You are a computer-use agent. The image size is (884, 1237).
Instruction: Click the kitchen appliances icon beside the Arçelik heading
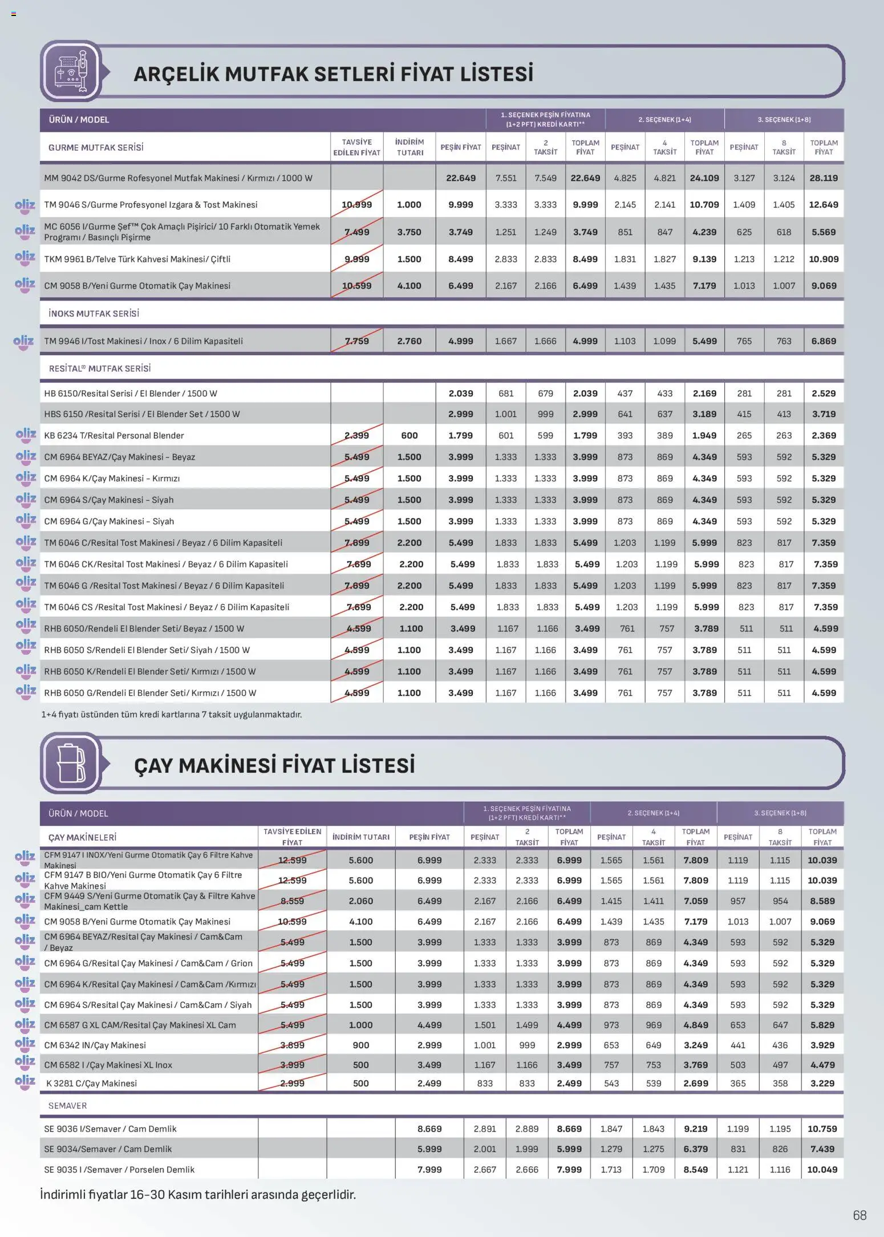pos(71,72)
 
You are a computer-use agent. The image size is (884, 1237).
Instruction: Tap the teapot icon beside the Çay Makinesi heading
pos(71,763)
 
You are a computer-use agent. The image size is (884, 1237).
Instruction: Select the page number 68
pos(859,1215)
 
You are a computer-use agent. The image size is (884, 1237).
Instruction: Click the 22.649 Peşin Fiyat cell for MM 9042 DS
pos(461,178)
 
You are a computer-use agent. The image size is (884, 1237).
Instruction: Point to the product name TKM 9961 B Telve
pos(137,259)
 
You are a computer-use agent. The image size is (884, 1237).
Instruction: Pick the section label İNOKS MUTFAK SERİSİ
pos(94,313)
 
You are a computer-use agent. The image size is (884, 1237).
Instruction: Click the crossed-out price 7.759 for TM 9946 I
pos(357,341)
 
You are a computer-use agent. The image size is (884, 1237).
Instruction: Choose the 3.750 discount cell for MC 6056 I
pos(409,232)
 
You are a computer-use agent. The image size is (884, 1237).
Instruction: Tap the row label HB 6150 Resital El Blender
pos(131,394)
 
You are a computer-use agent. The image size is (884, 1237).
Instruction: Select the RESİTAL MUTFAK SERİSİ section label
pos(100,368)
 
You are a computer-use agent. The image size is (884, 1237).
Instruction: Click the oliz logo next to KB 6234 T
pos(26,436)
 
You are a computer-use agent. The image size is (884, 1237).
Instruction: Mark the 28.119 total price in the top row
pos(824,178)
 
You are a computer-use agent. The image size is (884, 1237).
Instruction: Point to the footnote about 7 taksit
pos(171,714)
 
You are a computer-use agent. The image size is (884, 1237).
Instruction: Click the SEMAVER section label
pos(67,1105)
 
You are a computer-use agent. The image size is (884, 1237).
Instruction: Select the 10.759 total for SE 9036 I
pos(822,1129)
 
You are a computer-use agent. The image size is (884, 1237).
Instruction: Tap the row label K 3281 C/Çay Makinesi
pos(91,1083)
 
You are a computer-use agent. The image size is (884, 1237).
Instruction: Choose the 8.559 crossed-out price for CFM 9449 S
pos(292,901)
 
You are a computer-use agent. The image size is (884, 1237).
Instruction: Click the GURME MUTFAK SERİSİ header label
pos(96,147)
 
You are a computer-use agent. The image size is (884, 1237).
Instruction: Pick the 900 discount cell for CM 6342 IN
pos(360,1045)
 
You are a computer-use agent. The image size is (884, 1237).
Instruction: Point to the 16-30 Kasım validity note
pos(197,1194)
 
